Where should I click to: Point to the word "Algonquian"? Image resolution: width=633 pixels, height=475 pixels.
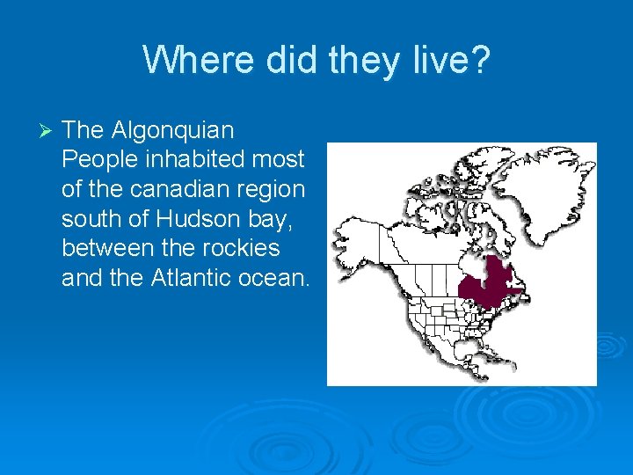point(173,130)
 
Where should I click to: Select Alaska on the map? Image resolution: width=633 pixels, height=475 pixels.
point(360,238)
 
